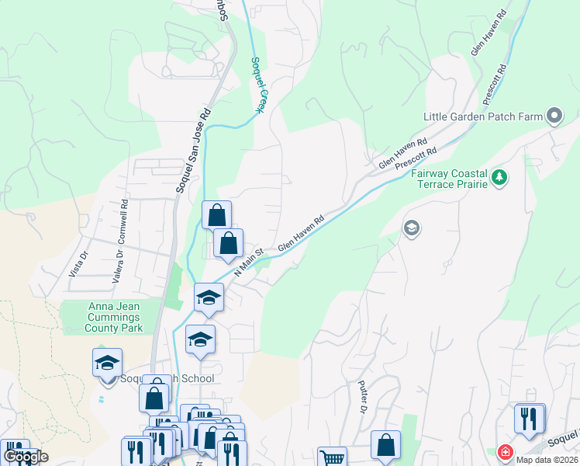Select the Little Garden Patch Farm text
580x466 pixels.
tap(482, 117)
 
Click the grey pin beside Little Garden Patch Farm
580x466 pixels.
tap(554, 116)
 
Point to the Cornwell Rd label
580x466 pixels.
tap(124, 220)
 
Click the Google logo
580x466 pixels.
tap(26, 456)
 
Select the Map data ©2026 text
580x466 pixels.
tap(546, 460)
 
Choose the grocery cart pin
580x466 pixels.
tap(332, 457)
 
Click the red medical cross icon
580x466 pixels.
tap(505, 451)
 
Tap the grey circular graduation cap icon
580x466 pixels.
tap(411, 228)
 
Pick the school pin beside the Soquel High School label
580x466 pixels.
tap(108, 363)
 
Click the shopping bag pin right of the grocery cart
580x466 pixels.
tap(385, 446)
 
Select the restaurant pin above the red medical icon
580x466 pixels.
tap(529, 419)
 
